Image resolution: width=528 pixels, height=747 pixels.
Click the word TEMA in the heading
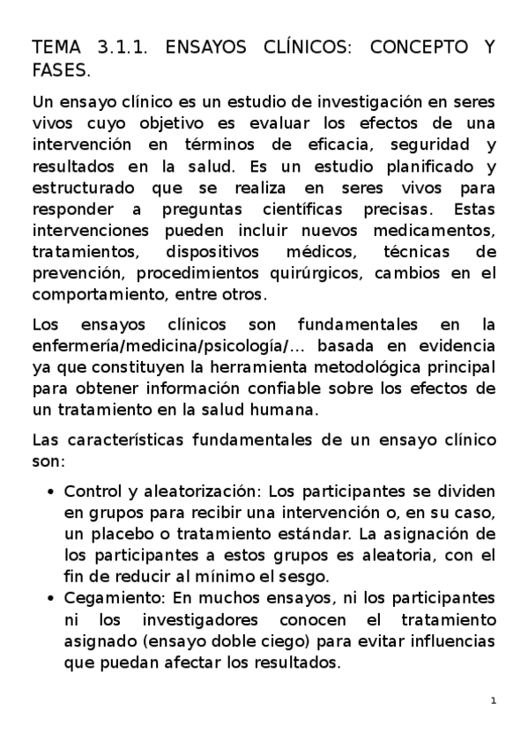click(x=56, y=48)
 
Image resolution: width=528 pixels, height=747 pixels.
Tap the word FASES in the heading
click(x=60, y=69)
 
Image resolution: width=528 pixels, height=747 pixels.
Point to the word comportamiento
click(x=97, y=294)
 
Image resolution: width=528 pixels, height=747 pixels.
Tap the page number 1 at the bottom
click(x=494, y=701)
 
